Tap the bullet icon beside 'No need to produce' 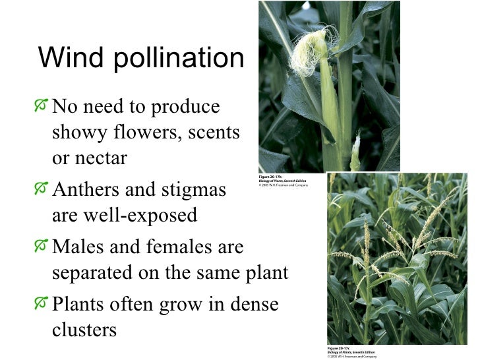[x=43, y=105]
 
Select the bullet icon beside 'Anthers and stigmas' [x=43, y=189]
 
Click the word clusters [x=84, y=329]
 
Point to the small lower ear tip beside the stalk [x=355, y=151]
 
